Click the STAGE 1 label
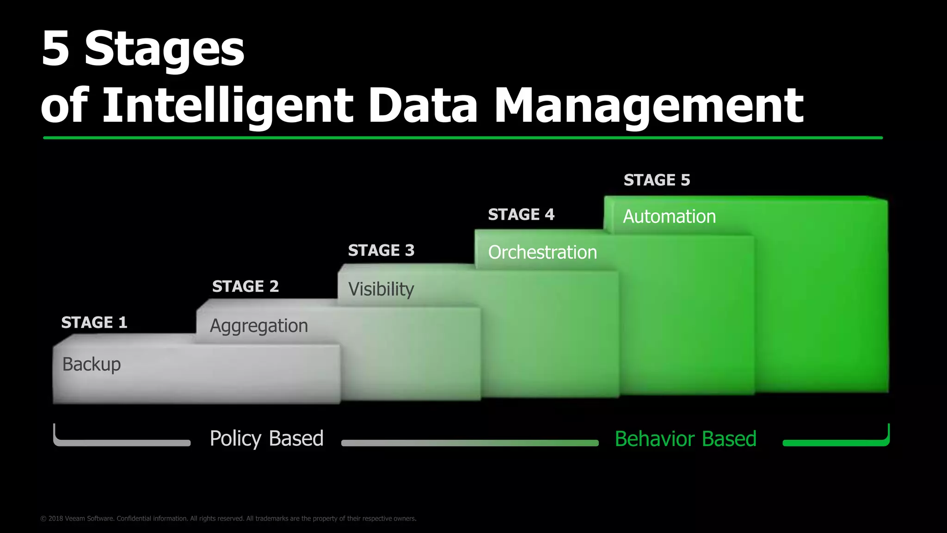94,322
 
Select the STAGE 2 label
245,286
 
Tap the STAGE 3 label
381,250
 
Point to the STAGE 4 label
521,215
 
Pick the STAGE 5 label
657,180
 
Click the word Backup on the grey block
92,365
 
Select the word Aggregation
258,326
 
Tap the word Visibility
381,290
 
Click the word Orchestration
542,253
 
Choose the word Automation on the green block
669,217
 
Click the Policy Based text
266,439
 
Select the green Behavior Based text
685,439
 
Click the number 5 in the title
55,49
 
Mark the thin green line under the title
462,138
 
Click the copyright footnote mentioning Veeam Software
228,519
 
